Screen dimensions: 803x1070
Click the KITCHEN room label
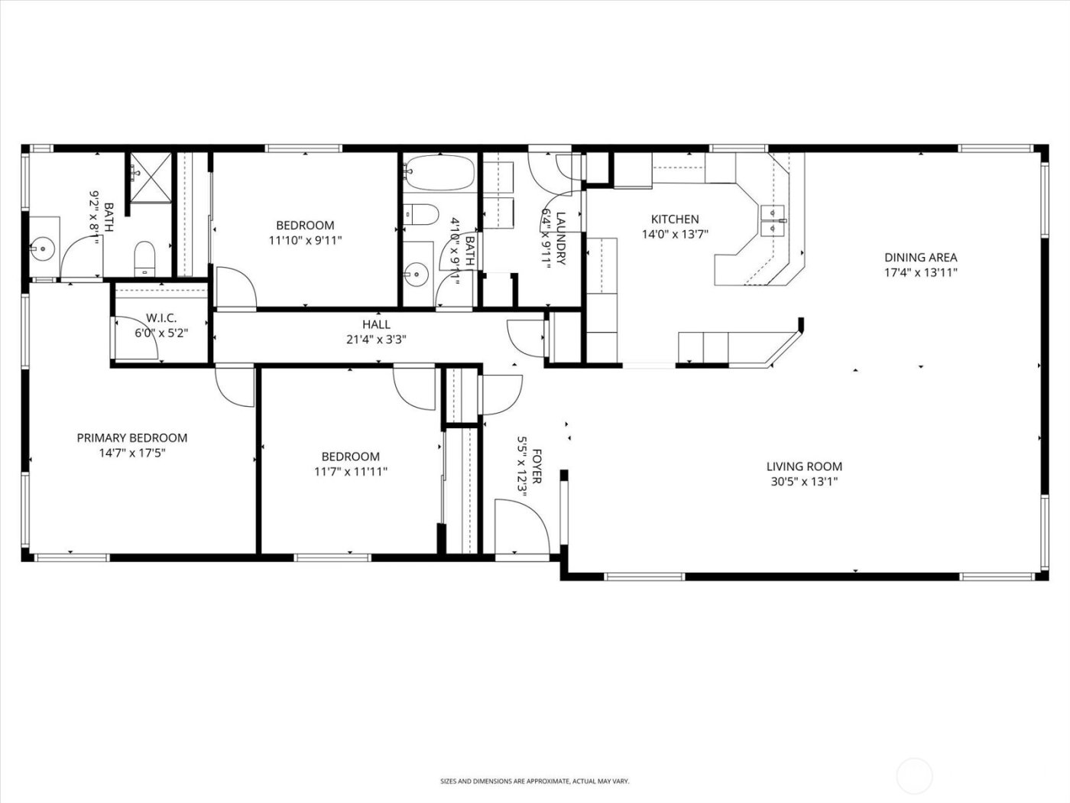(x=674, y=219)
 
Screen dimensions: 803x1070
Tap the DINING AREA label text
(x=920, y=258)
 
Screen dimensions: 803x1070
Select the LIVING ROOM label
(x=804, y=467)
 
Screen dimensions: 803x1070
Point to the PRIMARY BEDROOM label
(x=131, y=438)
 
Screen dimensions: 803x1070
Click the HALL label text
(x=376, y=324)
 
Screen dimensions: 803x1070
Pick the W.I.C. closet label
(x=161, y=317)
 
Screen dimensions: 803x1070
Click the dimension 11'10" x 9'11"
(x=304, y=240)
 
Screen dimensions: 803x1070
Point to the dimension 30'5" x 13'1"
(x=804, y=482)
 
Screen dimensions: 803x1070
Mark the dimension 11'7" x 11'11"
(x=350, y=472)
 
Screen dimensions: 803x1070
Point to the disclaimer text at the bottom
(x=534, y=781)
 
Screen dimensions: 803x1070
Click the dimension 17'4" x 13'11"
(x=920, y=272)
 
